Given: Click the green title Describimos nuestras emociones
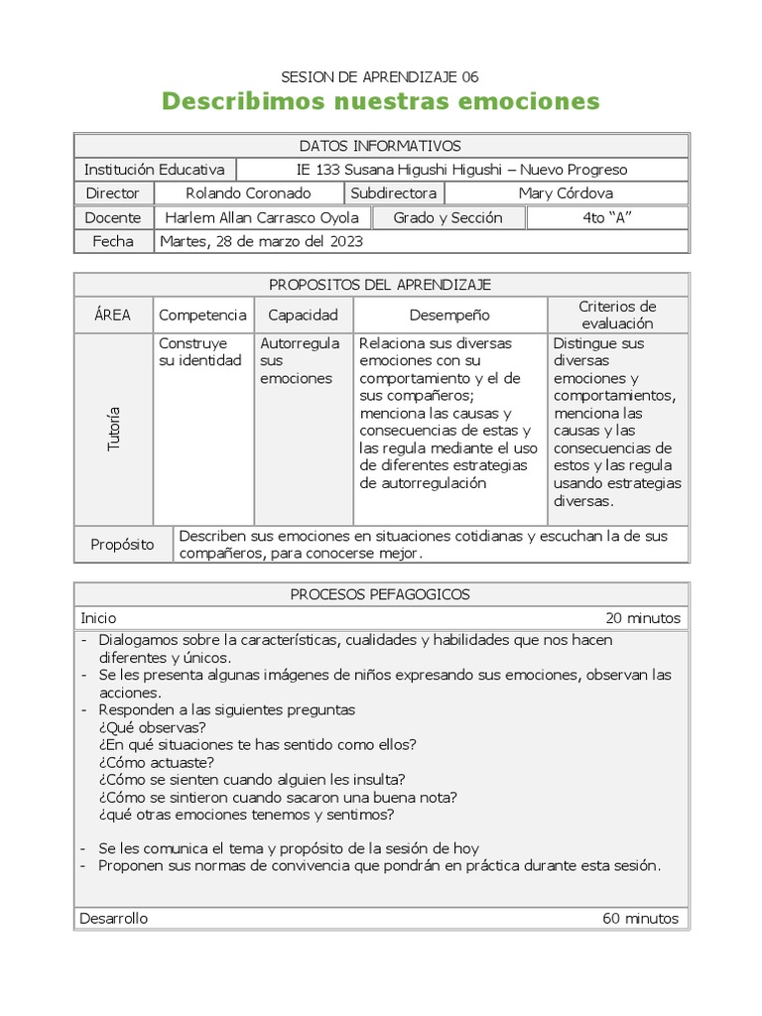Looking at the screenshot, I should (x=380, y=101).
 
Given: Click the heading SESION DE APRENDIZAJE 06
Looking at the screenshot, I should (x=380, y=76).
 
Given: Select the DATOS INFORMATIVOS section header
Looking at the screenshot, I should (x=380, y=146).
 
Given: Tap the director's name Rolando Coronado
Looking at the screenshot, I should (x=248, y=193).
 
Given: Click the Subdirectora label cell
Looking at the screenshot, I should (x=393, y=193).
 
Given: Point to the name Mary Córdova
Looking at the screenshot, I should (x=566, y=193).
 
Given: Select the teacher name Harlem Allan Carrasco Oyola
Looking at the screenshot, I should (x=263, y=217).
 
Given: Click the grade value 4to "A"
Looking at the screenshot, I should (x=606, y=217).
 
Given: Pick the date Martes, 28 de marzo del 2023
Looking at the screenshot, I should (x=261, y=241).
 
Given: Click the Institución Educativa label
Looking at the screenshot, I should (x=155, y=170).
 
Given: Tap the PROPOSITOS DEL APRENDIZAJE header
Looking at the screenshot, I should (x=380, y=285).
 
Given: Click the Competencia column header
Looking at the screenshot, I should (x=202, y=315).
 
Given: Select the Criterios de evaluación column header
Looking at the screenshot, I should (x=617, y=315).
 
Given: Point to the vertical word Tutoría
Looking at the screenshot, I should (x=113, y=429).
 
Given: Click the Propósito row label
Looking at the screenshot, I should (x=123, y=545).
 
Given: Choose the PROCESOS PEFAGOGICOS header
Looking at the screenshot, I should (x=380, y=594).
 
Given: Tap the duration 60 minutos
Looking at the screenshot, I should (x=641, y=918).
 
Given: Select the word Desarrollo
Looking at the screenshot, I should (x=114, y=918).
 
